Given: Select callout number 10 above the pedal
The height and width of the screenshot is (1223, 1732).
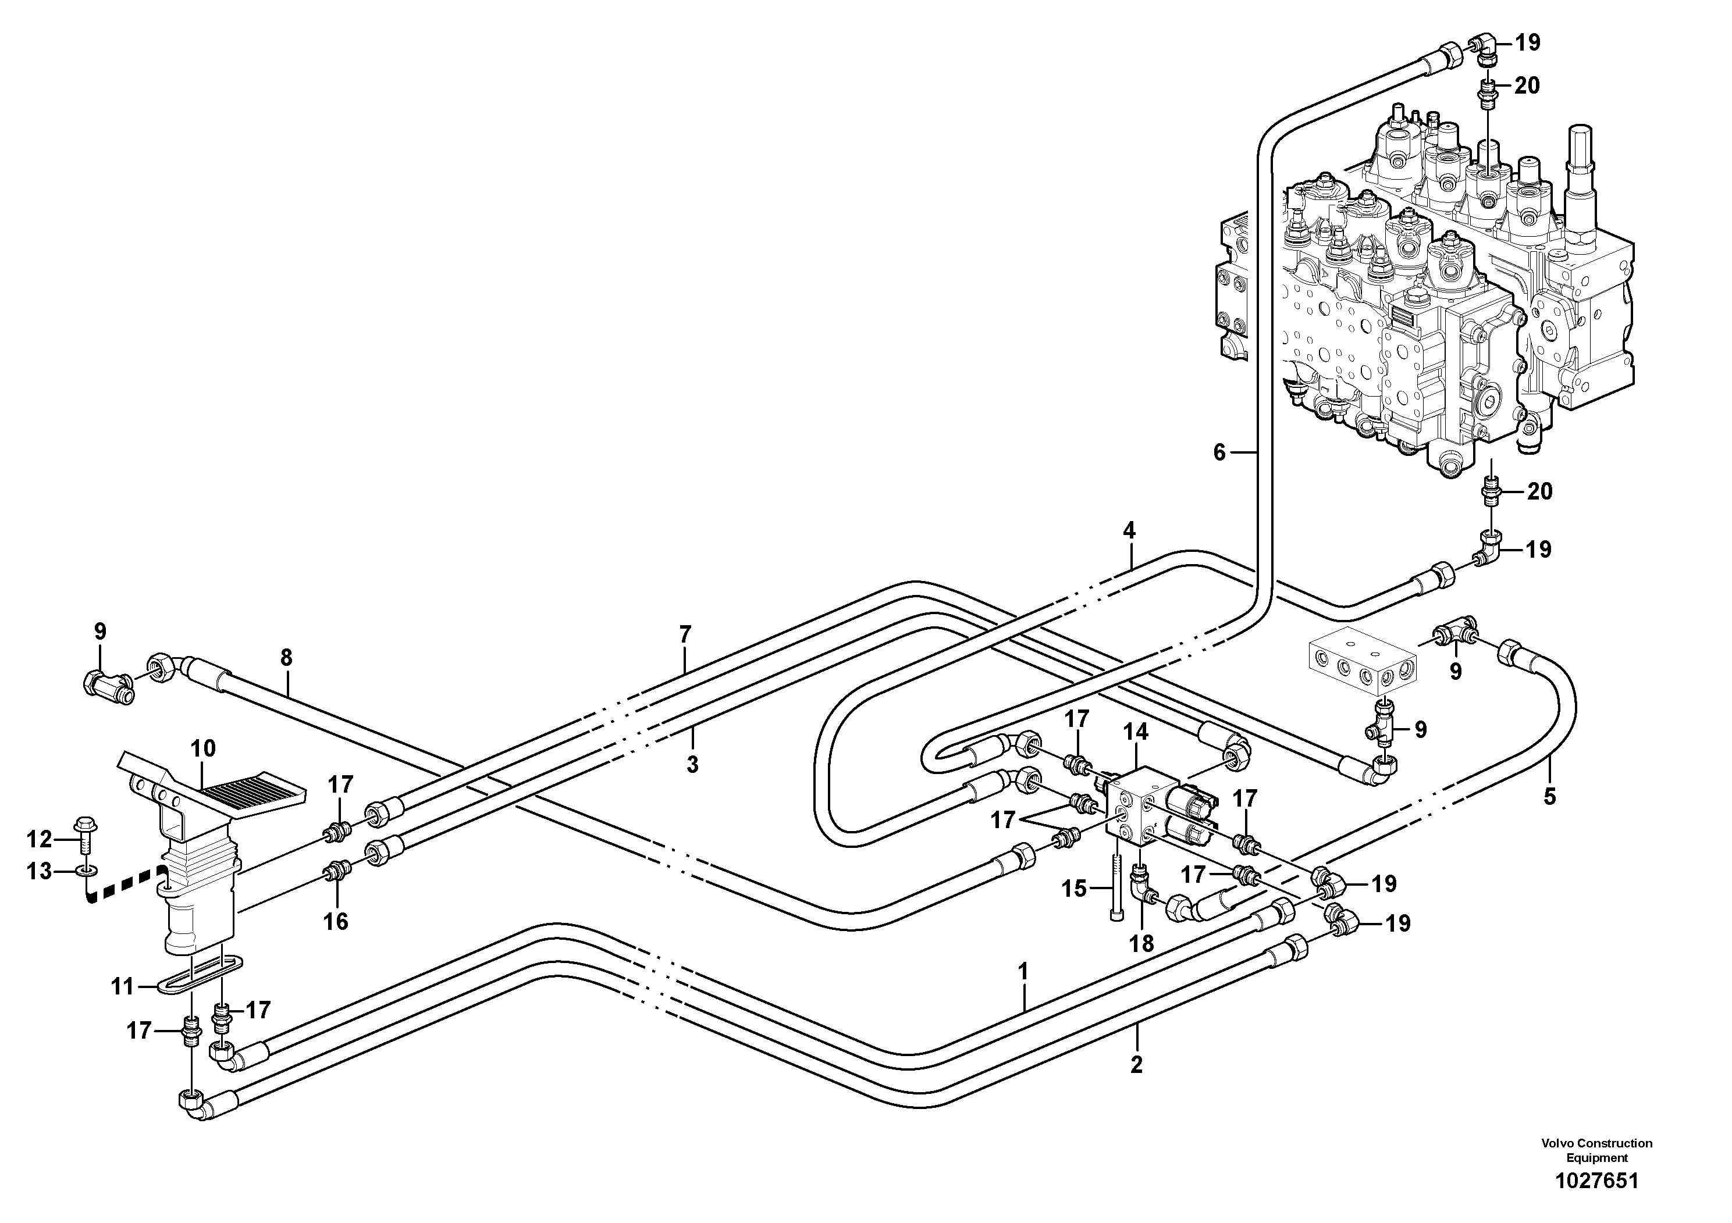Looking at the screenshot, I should click(203, 748).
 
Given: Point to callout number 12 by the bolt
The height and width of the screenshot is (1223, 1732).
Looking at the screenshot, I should click(39, 839).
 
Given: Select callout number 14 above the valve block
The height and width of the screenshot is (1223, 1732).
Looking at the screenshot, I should click(1135, 732).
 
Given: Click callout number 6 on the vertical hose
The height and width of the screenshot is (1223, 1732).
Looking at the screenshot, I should click(1220, 453).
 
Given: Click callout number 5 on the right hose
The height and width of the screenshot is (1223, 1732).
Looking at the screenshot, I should click(1549, 797).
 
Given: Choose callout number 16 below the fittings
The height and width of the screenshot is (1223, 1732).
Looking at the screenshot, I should click(336, 921).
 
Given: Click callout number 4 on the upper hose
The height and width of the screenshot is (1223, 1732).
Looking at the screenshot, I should click(1129, 531).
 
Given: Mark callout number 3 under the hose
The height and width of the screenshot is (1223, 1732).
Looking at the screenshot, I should click(692, 765).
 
